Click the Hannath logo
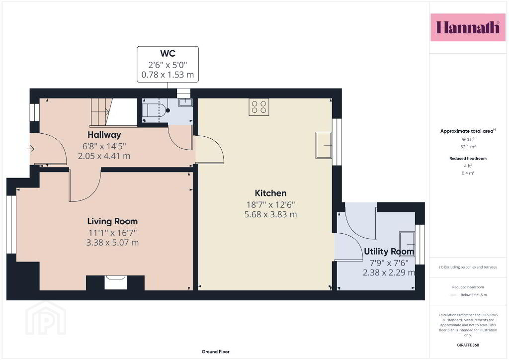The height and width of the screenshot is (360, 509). (x=468, y=27)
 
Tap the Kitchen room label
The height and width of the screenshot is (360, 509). (x=270, y=193)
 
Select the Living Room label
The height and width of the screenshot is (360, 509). (x=112, y=221)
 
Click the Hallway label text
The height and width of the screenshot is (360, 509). (x=104, y=135)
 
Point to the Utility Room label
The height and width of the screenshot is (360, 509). (x=389, y=252)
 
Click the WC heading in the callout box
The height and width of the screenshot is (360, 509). (x=168, y=54)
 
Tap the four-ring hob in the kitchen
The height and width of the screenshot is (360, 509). (x=258, y=107)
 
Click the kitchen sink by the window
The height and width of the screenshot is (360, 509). (x=324, y=145)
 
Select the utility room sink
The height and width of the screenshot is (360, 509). (x=407, y=244)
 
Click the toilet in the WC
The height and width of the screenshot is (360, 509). (x=156, y=110)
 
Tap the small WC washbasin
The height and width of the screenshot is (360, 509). (x=185, y=102)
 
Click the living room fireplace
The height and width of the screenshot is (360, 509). (x=115, y=282)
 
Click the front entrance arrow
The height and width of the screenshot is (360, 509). (x=30, y=149)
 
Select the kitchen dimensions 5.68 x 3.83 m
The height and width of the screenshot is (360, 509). (x=270, y=215)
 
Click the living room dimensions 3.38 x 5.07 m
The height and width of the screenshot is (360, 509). (x=112, y=243)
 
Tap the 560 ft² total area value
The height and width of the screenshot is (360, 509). (x=468, y=140)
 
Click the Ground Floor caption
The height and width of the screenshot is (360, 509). (x=216, y=352)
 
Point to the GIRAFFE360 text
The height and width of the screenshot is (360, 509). (x=468, y=345)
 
